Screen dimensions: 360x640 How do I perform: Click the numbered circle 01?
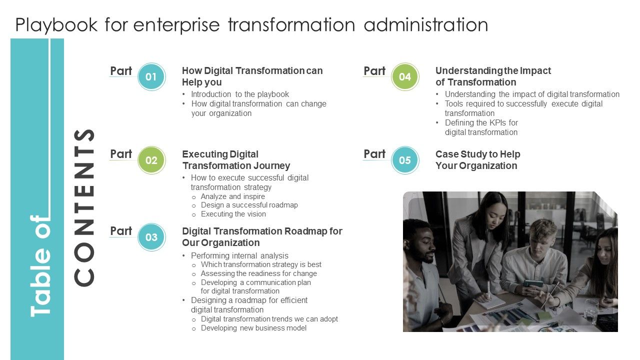pyautogui.click(x=151, y=77)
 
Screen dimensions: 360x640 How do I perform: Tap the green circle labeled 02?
pyautogui.click(x=151, y=160)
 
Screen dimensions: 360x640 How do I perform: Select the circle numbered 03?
pyautogui.click(x=151, y=237)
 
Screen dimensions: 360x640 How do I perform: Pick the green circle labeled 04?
pyautogui.click(x=404, y=77)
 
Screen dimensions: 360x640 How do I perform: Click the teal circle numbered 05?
pyautogui.click(x=404, y=160)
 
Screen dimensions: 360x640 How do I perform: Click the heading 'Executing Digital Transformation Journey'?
pyautogui.click(x=235, y=160)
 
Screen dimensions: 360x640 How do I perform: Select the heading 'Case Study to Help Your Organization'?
pyautogui.click(x=477, y=160)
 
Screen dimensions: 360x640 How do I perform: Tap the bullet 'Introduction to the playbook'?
pyautogui.click(x=239, y=94)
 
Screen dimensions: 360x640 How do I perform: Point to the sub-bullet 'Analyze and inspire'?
pyautogui.click(x=232, y=196)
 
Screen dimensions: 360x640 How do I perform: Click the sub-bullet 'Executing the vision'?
pyautogui.click(x=233, y=214)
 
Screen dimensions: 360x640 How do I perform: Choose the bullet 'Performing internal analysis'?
pyautogui.click(x=239, y=255)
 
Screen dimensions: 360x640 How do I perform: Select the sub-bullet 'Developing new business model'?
pyautogui.click(x=253, y=328)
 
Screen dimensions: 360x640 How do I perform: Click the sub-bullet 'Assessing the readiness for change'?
pyautogui.click(x=258, y=273)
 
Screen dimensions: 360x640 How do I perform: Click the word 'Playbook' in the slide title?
pyautogui.click(x=56, y=25)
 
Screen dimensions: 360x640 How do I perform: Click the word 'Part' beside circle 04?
pyautogui.click(x=374, y=71)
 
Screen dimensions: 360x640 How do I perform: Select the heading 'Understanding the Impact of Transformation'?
pyautogui.click(x=493, y=76)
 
